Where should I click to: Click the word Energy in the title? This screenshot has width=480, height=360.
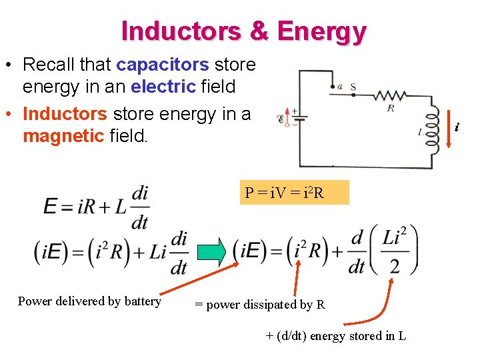(321, 31)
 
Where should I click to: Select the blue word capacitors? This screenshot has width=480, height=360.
(163, 65)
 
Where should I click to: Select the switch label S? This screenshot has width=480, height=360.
(353, 86)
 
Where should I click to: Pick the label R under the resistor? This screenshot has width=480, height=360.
(390, 108)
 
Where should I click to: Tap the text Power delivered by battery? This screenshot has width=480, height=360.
(89, 301)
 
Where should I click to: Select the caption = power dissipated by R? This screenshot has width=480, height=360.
(259, 305)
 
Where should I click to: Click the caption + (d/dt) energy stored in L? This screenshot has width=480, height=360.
(335, 335)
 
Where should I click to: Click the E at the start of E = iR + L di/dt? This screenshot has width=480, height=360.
(51, 206)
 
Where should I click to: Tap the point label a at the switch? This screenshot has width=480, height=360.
(340, 85)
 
